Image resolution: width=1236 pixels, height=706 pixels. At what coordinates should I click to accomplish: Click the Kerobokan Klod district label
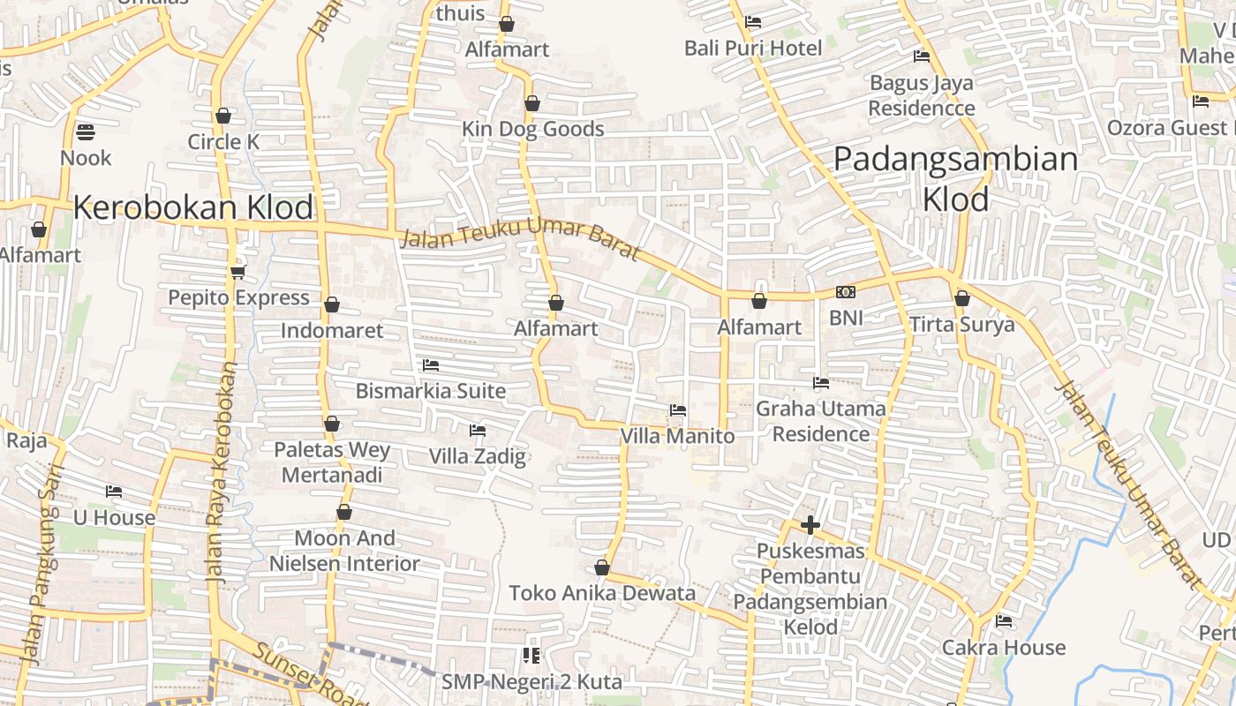tap(193, 207)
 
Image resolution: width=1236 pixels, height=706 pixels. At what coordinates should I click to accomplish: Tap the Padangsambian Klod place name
tap(956, 179)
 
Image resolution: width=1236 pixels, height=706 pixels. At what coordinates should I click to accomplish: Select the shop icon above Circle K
tap(223, 116)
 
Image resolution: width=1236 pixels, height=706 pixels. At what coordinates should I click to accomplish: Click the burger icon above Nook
tap(86, 132)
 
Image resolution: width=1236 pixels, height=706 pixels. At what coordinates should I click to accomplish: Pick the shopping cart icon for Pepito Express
tap(237, 271)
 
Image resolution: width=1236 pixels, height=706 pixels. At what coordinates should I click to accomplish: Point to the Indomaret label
tap(332, 331)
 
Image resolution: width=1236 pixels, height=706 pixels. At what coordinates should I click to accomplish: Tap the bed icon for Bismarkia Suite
tap(431, 364)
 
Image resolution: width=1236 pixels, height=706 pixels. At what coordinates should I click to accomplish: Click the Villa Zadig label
tap(478, 456)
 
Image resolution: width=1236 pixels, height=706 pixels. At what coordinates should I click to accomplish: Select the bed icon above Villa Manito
tap(678, 409)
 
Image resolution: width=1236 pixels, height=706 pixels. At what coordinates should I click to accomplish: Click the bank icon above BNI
tap(846, 292)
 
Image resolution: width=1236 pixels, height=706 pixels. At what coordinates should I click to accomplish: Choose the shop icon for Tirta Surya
tap(962, 298)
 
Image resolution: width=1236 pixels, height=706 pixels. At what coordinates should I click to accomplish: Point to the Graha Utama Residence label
tap(821, 421)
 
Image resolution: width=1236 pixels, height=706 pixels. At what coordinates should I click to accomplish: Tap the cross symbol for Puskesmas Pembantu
tap(810, 525)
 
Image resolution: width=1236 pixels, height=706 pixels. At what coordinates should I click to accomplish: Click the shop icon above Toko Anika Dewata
tap(602, 567)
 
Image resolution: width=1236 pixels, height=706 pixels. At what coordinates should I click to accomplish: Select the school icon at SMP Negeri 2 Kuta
tap(531, 655)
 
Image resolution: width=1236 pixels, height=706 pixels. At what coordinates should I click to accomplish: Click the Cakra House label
tap(1004, 648)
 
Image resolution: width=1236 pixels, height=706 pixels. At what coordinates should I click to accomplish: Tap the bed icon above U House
tap(114, 492)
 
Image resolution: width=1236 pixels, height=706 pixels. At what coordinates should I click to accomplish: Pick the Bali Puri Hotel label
tap(753, 48)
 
